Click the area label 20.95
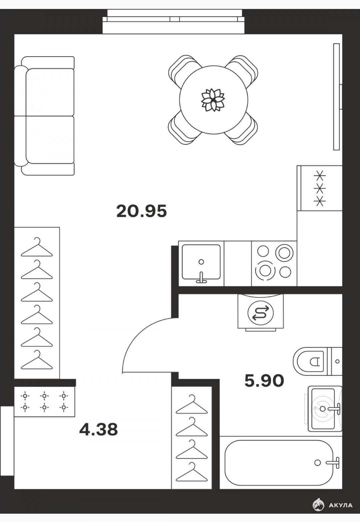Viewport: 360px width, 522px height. (142, 211)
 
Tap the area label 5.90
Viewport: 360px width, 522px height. (264, 380)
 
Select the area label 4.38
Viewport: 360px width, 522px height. (99, 429)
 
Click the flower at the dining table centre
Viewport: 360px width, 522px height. (213, 100)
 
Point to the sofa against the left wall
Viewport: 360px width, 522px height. (44, 116)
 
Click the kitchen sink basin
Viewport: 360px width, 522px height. (201, 262)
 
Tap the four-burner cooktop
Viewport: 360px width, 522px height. (274, 263)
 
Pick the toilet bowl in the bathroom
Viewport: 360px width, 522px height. (310, 362)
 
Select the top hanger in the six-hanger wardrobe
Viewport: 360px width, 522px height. (37, 247)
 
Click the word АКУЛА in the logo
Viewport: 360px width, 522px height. (340, 504)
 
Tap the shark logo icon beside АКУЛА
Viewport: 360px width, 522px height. (318, 504)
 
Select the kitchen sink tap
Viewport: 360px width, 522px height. (201, 278)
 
